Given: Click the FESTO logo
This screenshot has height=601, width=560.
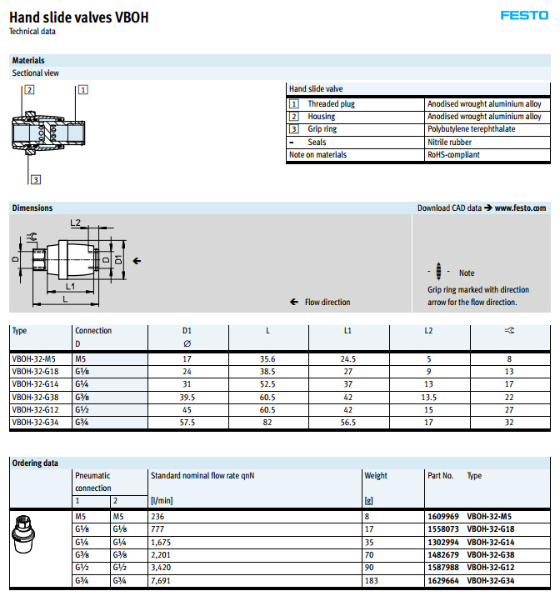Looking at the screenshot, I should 523,15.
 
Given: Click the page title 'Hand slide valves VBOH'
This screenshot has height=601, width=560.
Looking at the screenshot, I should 78,17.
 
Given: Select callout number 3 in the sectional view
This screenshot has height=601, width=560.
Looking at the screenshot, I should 36,179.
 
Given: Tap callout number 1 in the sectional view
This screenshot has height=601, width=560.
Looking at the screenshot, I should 83,89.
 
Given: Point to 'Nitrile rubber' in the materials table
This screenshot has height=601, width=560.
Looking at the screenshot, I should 450,142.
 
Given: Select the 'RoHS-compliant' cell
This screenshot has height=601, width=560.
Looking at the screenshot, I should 453,154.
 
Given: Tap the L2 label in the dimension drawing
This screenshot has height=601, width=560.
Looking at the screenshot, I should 75,223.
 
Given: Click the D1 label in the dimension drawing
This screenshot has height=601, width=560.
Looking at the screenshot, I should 117,260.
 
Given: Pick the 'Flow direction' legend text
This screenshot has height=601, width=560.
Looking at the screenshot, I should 327,302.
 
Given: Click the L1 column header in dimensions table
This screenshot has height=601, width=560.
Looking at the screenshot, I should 347,331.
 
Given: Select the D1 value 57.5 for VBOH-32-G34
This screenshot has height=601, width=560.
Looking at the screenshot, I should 187,423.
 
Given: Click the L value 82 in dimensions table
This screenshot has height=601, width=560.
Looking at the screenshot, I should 267,423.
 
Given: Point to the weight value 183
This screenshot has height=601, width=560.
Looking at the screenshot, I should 371,580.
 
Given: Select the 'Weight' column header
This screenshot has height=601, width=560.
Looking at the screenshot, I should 376,476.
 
